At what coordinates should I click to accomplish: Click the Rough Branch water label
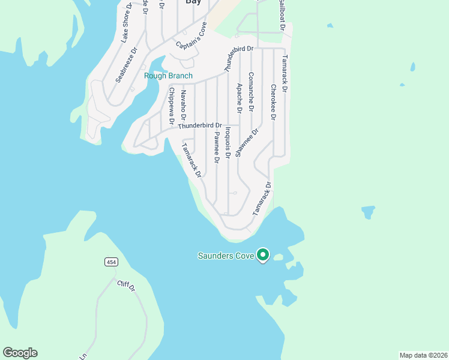(x=168, y=76)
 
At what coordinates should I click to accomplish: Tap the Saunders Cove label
(x=226, y=256)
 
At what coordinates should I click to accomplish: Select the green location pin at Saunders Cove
(x=262, y=255)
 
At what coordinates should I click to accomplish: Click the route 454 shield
(x=110, y=262)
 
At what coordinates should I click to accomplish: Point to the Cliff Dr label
(x=127, y=286)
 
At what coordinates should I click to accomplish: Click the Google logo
(x=20, y=353)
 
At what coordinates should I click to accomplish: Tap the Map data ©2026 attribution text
(x=423, y=355)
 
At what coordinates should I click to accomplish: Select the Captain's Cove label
(x=191, y=37)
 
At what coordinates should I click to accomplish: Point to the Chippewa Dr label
(x=172, y=106)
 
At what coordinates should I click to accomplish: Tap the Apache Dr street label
(x=239, y=98)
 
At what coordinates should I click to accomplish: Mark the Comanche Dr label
(x=251, y=92)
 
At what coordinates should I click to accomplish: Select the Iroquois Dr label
(x=228, y=142)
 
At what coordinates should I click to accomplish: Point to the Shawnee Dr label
(x=246, y=143)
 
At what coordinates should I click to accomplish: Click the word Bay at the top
(x=193, y=2)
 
